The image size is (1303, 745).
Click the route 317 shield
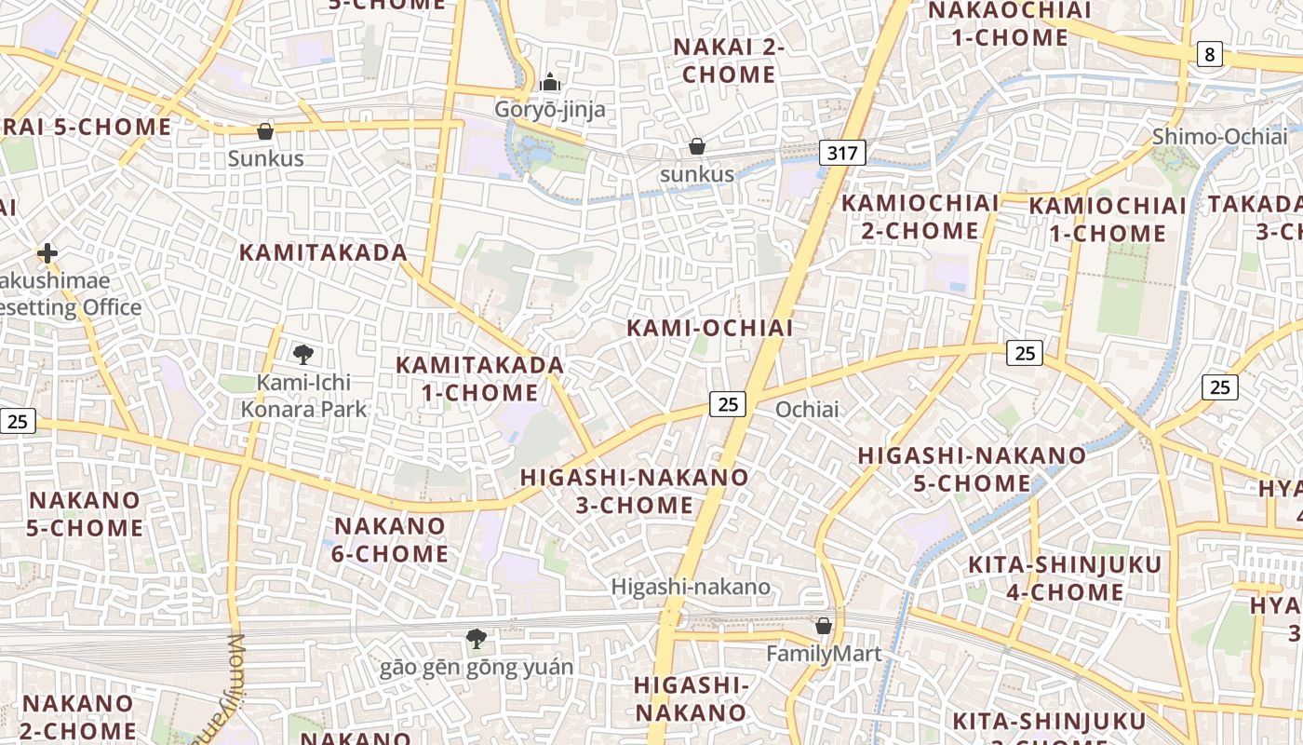click(x=842, y=153)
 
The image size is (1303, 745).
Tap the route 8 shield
click(x=1209, y=54)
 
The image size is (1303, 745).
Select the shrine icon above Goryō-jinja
click(x=550, y=82)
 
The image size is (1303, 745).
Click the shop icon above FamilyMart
click(x=823, y=625)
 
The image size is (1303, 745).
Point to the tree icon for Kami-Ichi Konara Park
click(x=302, y=354)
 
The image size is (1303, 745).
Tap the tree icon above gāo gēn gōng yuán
click(x=477, y=639)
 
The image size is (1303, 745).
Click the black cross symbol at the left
click(x=47, y=252)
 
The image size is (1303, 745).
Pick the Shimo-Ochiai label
click(x=1220, y=136)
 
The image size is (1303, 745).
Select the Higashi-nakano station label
click(x=691, y=587)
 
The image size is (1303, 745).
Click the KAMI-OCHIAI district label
click(x=709, y=328)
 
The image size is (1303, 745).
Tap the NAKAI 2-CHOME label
click(x=729, y=61)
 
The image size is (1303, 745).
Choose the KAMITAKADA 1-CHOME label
click(x=480, y=378)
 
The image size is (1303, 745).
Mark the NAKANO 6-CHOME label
click(x=391, y=539)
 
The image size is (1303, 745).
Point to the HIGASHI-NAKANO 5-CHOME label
click(x=972, y=469)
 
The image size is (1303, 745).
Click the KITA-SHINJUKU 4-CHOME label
click(x=1065, y=577)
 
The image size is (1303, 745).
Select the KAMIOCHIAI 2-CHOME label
click(x=920, y=216)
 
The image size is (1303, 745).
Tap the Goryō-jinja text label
click(x=549, y=110)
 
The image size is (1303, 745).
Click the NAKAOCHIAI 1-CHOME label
click(x=1010, y=24)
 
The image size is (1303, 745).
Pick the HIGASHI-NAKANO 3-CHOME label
click(x=634, y=491)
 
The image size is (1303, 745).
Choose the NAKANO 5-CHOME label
click(x=85, y=513)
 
